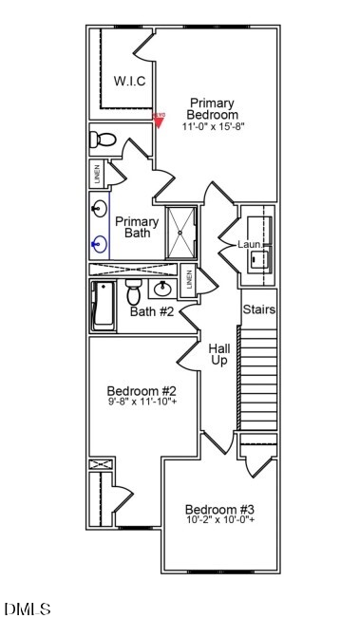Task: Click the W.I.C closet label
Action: tap(129, 82)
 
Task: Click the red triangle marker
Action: tap(159, 119)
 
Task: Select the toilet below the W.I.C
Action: tap(104, 141)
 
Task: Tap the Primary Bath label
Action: tap(137, 227)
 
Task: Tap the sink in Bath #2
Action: tap(163, 288)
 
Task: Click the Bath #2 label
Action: tap(152, 311)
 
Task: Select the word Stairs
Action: tap(259, 310)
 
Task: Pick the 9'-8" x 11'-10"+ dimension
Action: tap(142, 402)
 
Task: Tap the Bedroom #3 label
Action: tap(219, 508)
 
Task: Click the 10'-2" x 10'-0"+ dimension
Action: tap(219, 520)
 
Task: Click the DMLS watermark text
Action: tap(28, 609)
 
